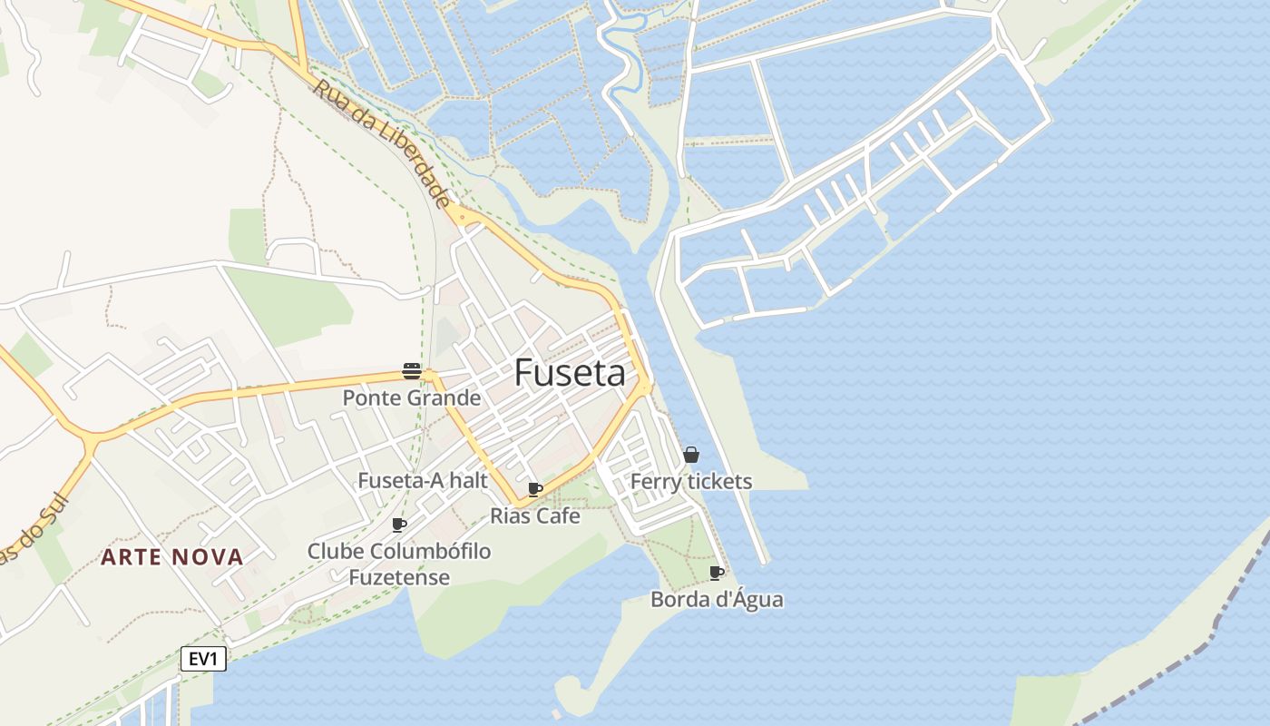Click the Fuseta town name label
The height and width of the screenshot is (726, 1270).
570,373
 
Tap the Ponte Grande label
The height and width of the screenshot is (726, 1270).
411,397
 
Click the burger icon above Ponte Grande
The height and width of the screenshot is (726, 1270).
412,370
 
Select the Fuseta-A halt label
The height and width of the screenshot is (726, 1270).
423,481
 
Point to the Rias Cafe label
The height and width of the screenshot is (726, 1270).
534,516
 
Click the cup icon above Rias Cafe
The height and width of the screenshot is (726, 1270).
535,490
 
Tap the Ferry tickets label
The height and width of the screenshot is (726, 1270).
691,482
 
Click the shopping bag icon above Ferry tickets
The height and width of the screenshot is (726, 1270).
691,455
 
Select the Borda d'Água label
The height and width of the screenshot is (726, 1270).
717,599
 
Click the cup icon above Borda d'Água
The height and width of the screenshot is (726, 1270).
717,573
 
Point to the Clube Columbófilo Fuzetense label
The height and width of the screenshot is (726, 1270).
399,564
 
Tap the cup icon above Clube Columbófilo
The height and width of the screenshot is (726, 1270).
399,525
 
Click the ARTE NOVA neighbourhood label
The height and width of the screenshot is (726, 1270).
172,557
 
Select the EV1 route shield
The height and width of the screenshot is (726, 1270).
203,659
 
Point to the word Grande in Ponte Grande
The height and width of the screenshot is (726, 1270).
444,397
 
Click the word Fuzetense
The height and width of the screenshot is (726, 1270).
399,577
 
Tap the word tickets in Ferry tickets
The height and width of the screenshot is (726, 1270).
718,482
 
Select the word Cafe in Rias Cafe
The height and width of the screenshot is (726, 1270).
560,516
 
